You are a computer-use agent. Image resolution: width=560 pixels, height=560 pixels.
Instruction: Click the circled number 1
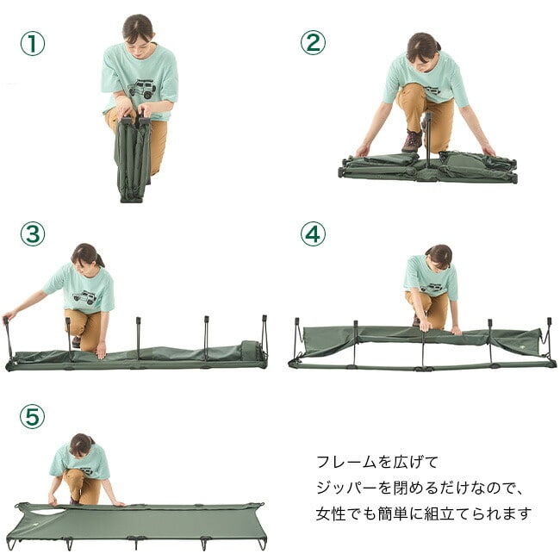click(x=33, y=44)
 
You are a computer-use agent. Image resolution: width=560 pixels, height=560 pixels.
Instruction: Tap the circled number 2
click(x=313, y=42)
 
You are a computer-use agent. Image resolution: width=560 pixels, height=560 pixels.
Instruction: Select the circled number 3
click(x=33, y=234)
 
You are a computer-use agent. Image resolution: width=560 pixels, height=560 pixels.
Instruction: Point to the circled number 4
click(x=313, y=234)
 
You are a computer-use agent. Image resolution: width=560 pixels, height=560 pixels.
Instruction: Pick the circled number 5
click(x=33, y=416)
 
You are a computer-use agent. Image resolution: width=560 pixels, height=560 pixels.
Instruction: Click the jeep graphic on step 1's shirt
click(x=142, y=89)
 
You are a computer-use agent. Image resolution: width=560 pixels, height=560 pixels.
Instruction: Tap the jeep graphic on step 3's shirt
click(x=85, y=297)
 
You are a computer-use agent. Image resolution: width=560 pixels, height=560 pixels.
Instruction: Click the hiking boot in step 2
click(x=413, y=140)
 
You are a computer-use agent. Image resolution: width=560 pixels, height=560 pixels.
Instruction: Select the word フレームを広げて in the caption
click(x=377, y=462)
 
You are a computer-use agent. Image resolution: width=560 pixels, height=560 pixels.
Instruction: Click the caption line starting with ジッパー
click(x=420, y=488)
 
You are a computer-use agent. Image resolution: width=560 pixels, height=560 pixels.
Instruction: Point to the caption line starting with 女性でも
click(x=424, y=513)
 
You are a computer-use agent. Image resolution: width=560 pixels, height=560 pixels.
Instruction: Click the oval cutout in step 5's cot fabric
click(x=48, y=512)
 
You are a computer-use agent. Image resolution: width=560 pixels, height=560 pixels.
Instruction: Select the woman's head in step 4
click(x=439, y=257)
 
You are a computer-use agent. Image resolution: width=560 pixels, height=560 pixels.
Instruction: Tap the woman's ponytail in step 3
click(x=100, y=261)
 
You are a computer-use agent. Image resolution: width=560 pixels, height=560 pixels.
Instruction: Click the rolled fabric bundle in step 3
click(x=252, y=352)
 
